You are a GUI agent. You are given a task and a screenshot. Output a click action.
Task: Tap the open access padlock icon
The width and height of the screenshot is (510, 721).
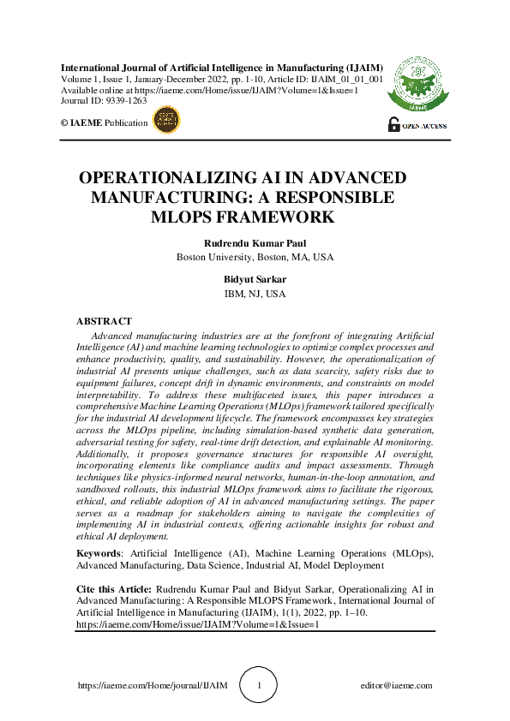tap(393, 123)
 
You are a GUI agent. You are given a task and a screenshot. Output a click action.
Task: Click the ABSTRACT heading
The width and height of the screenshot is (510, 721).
tap(104, 321)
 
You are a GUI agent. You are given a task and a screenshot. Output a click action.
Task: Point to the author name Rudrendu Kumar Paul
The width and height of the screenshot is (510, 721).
tap(255, 243)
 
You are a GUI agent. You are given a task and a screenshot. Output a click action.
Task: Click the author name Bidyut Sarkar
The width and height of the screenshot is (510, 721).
tap(255, 279)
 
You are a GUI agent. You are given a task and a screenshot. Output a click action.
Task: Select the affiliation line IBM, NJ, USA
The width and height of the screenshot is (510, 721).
tap(255, 294)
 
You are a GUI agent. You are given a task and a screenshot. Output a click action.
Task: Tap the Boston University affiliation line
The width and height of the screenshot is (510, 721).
tap(255, 257)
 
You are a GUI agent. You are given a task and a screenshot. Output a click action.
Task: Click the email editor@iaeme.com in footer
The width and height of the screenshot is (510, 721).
tap(397, 686)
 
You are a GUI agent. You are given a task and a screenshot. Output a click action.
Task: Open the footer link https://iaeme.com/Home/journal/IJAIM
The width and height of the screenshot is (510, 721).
tap(153, 686)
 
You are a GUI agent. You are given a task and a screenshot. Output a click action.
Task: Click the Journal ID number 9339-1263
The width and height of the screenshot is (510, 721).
tap(128, 100)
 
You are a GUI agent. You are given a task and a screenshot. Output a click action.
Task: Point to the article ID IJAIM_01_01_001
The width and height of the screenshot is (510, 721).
tap(345, 78)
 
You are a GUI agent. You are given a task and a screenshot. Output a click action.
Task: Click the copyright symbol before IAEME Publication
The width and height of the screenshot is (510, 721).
tap(64, 123)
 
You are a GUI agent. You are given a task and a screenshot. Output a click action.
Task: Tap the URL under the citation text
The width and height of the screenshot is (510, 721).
tap(197, 625)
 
